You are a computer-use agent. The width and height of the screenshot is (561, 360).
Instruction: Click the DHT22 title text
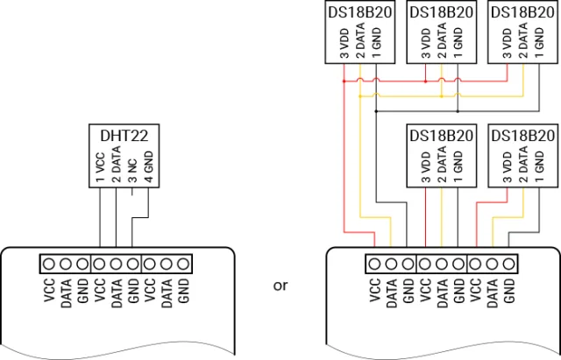[x=124, y=136]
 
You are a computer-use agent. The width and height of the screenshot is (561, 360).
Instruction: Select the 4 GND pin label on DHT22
[x=148, y=166]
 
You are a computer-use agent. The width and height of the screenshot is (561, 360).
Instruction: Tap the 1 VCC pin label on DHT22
[x=99, y=166]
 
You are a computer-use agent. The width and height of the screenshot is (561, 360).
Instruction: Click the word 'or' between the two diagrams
[x=280, y=286]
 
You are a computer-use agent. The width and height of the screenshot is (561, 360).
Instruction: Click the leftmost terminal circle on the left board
[x=49, y=263]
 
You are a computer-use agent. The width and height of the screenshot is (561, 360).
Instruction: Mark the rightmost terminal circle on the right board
[x=508, y=263]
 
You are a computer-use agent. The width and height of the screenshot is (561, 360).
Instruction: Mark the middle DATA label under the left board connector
[x=116, y=291]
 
